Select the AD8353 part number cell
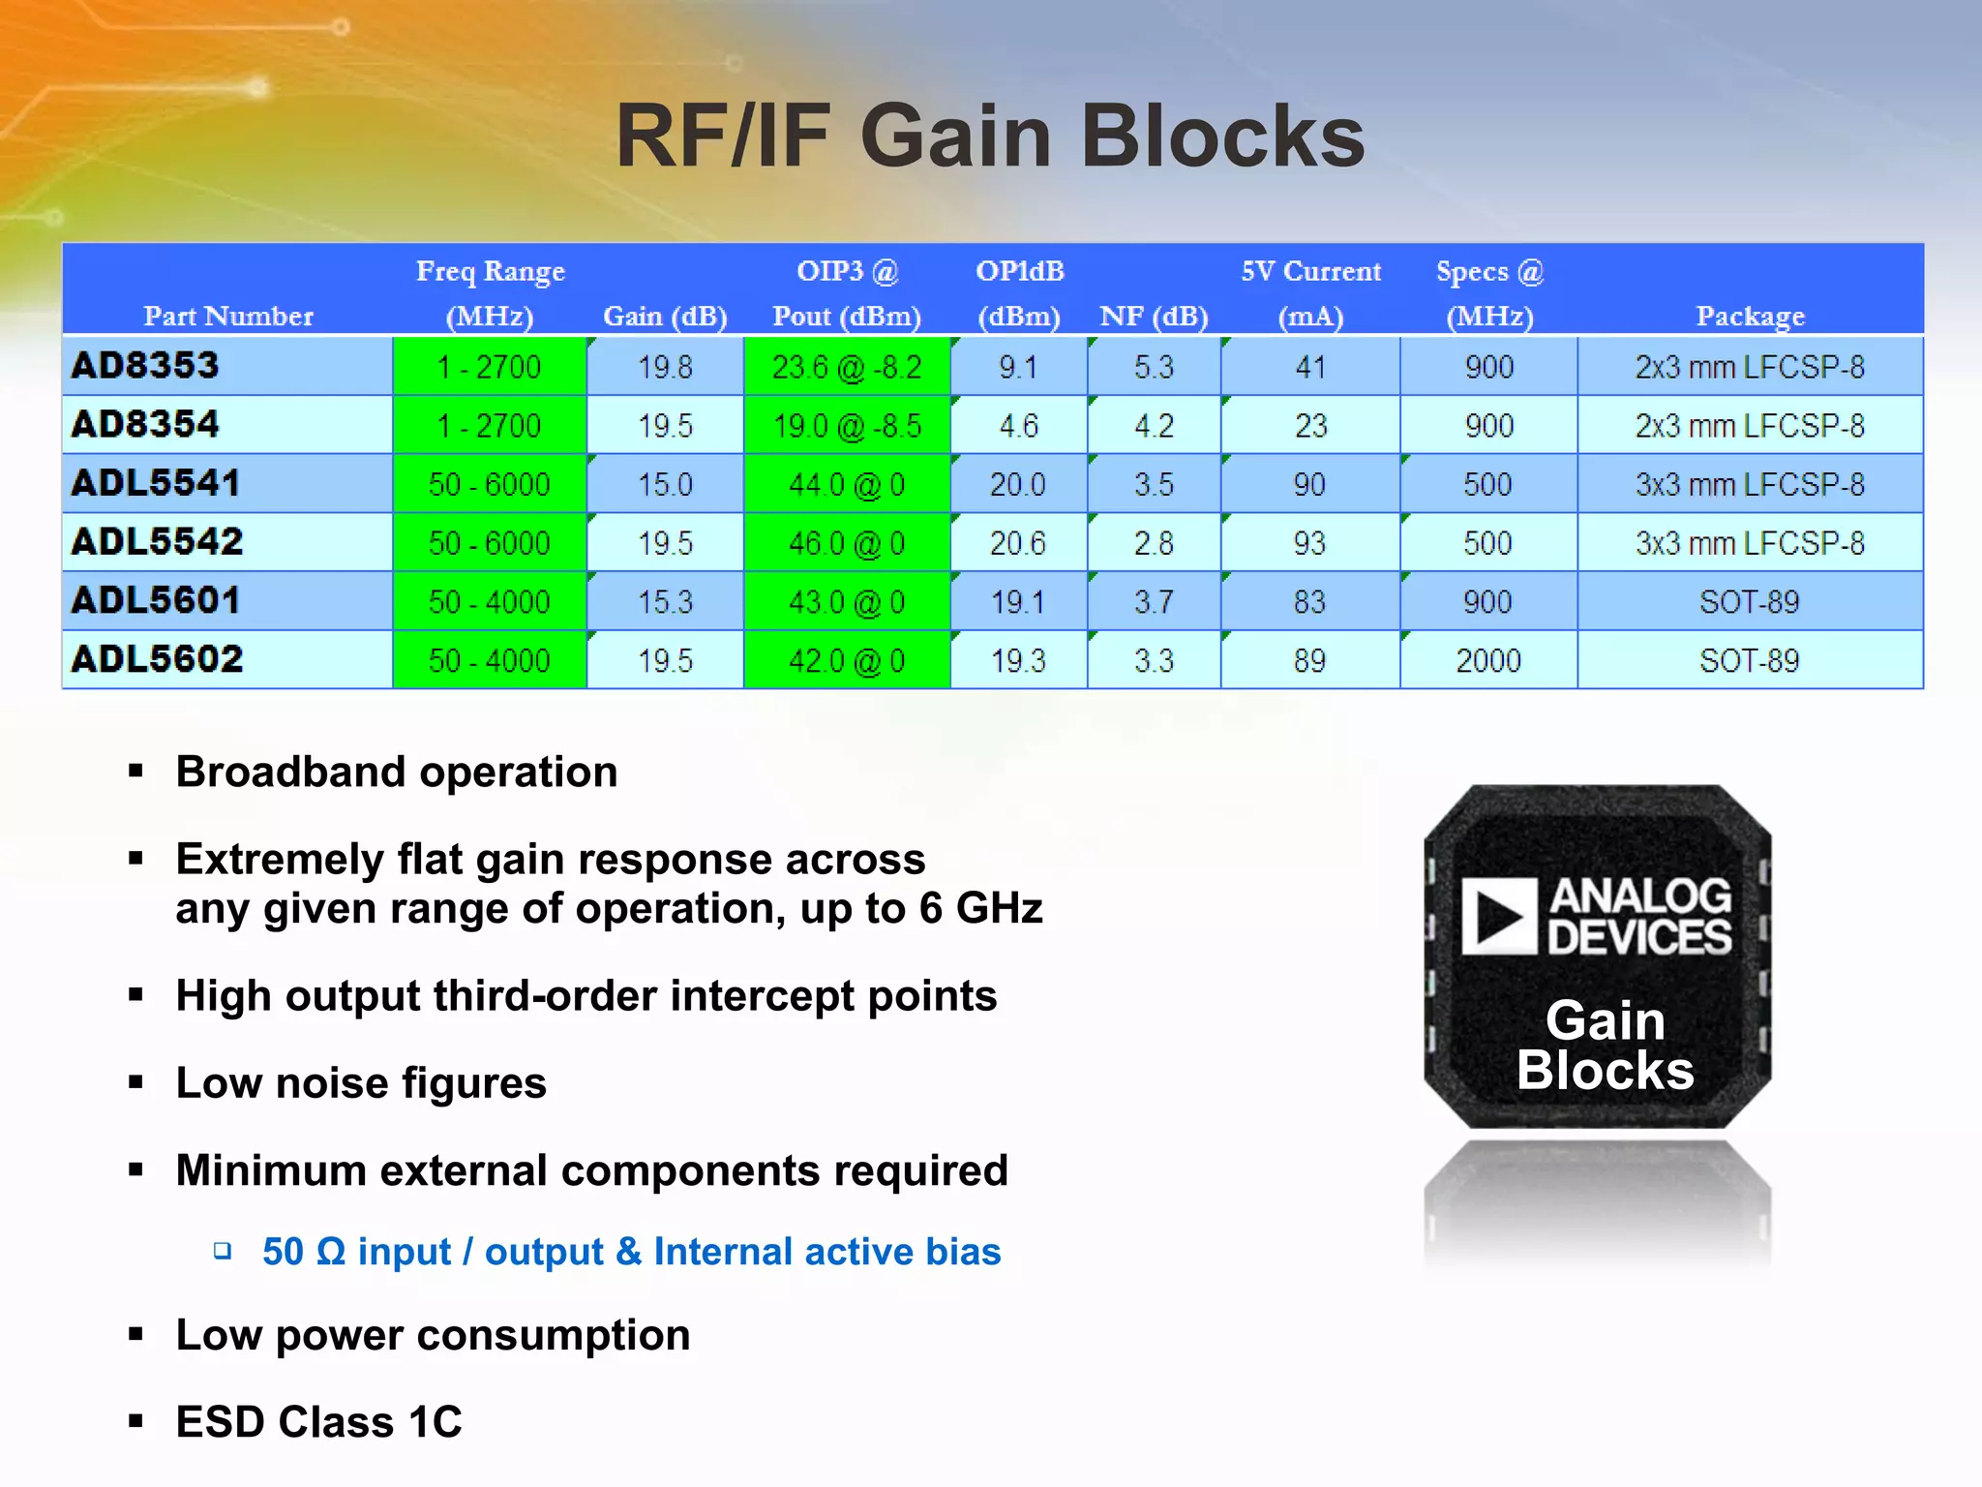click(x=146, y=366)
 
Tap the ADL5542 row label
click(x=157, y=542)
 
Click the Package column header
click(x=1750, y=316)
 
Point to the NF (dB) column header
click(x=1154, y=316)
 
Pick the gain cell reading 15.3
click(x=665, y=602)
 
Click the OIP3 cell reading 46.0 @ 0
click(x=847, y=543)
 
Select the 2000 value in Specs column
click(x=1488, y=661)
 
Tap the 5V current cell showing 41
click(x=1310, y=367)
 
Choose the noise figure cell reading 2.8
click(x=1154, y=543)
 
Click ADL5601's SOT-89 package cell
click(x=1750, y=602)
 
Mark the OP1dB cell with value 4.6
click(x=1018, y=426)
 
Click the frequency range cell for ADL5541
click(x=489, y=484)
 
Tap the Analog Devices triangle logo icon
click(x=1498, y=917)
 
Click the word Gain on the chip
click(x=1605, y=1021)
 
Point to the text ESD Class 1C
click(x=318, y=1422)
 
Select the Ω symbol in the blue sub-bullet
click(x=330, y=1252)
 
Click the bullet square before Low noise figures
click(x=135, y=1082)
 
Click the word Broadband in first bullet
click(x=290, y=773)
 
